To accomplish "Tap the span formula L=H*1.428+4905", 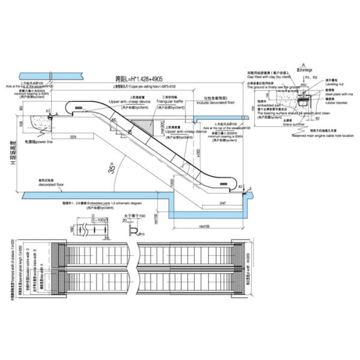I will (x=140, y=79).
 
